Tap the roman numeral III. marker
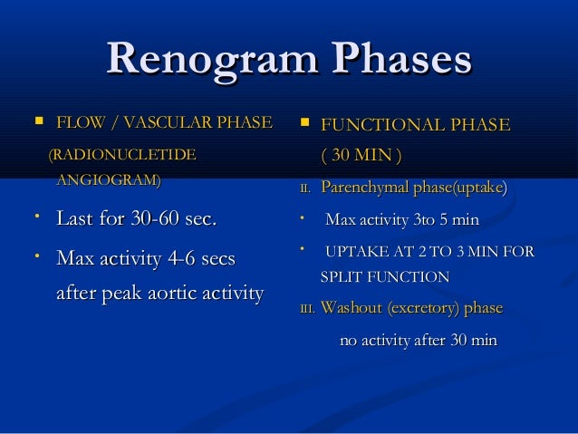pyautogui.click(x=307, y=309)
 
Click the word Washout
pyautogui.click(x=352, y=308)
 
